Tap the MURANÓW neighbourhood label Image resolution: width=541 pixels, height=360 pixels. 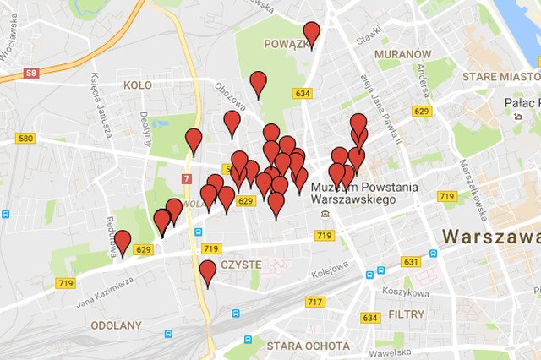(x=397, y=53)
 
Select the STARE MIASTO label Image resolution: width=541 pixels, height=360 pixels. (x=501, y=77)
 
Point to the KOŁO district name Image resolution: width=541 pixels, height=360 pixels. (x=137, y=85)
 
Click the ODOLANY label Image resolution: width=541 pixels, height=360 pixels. (x=117, y=325)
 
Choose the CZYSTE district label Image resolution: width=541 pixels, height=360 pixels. (x=241, y=265)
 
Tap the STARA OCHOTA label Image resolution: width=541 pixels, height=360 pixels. (x=308, y=346)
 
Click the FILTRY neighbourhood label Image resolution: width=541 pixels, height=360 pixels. (x=407, y=314)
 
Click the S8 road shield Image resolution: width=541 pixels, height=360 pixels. (x=31, y=74)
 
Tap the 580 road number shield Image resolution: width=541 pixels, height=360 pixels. (x=25, y=139)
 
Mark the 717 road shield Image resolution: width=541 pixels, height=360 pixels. (x=314, y=302)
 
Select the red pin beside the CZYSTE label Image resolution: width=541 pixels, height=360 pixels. (x=208, y=271)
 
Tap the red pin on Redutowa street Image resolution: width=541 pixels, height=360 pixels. (x=123, y=242)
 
